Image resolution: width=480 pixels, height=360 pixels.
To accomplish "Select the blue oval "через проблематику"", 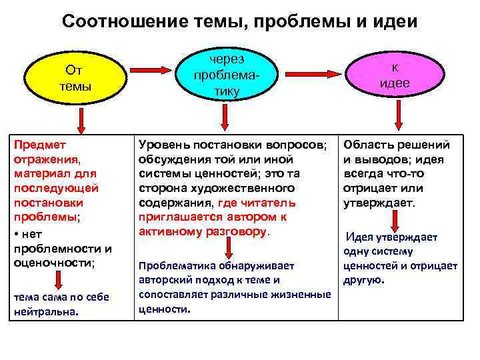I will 226,77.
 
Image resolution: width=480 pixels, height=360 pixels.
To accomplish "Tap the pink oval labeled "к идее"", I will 395,76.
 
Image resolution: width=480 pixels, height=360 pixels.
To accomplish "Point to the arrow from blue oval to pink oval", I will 312,70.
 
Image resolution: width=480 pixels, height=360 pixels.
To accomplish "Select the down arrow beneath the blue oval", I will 226,119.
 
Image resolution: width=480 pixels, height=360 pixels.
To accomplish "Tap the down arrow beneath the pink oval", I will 399,117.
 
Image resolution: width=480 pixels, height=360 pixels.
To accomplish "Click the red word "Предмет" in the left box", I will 37,144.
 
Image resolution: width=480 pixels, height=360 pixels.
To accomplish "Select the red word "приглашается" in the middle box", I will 176,217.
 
